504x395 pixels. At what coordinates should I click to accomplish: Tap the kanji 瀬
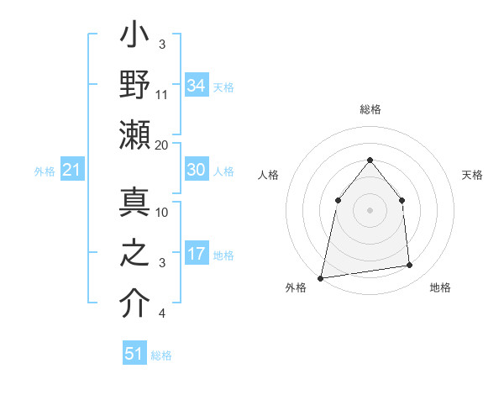134,135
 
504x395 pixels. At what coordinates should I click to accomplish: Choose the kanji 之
134,253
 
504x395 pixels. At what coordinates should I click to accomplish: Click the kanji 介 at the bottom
134,303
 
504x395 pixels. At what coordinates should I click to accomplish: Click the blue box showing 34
196,85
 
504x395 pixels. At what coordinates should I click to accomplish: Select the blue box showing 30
196,170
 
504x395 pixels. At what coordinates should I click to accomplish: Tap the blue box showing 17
196,254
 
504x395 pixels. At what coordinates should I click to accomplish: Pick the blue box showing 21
72,171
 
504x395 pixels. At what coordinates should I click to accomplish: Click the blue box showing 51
134,354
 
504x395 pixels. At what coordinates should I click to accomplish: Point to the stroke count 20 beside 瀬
162,145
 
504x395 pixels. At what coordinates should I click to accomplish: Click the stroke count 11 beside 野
162,94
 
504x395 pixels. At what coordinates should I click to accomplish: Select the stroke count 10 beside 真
162,212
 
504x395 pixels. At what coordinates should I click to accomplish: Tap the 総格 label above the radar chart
370,109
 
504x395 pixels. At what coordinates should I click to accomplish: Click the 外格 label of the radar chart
296,287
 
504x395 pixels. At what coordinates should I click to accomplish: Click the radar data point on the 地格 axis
410,266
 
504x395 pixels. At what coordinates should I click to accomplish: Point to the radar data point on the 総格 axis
370,160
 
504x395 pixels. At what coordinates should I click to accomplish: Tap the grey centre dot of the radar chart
370,209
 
